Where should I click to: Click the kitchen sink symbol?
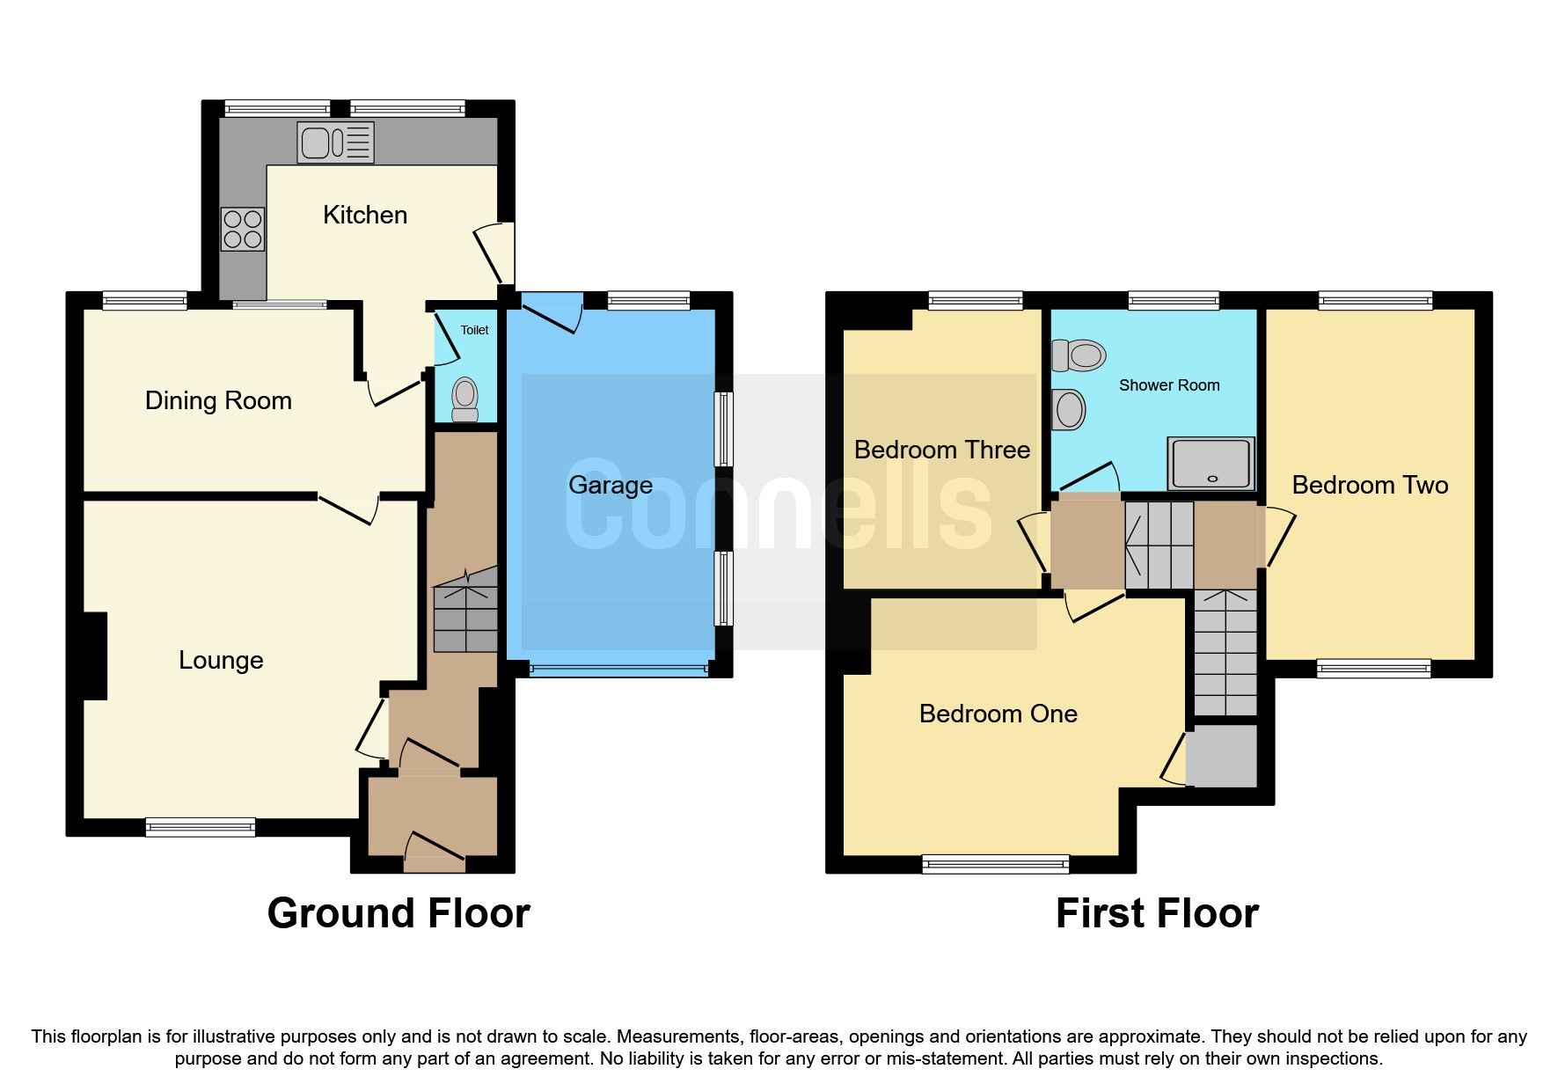click(335, 143)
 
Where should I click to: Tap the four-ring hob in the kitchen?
click(242, 228)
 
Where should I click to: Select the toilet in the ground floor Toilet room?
click(464, 400)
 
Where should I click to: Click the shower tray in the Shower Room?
click(1211, 463)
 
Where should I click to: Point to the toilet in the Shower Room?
click(1078, 355)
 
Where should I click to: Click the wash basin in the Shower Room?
click(1069, 409)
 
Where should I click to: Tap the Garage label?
click(610, 485)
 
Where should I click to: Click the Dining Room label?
click(218, 400)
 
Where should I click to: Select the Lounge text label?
click(221, 660)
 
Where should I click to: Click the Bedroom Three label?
click(941, 450)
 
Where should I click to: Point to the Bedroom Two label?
click(1369, 485)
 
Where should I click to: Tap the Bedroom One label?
click(998, 714)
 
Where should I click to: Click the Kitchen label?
click(364, 215)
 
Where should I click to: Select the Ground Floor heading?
click(398, 913)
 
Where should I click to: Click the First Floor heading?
click(1156, 913)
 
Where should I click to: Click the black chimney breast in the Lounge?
click(95, 655)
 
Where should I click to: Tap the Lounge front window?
click(200, 827)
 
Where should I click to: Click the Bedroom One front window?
click(995, 864)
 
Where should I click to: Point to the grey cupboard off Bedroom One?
click(1221, 756)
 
